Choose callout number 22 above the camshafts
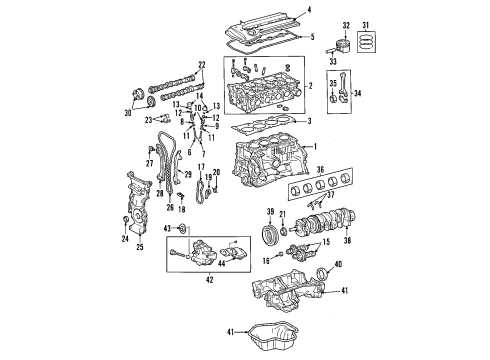coord(202,65)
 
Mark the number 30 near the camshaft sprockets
coord(127,114)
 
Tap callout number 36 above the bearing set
coord(349,171)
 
